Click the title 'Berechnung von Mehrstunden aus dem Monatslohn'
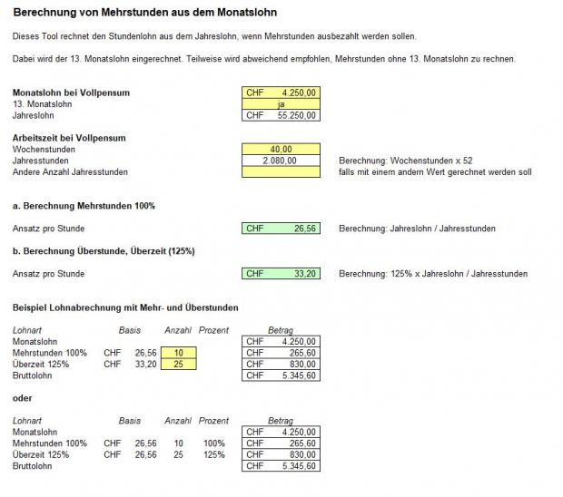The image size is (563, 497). tap(145, 14)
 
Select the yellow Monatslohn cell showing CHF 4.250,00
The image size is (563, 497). tap(281, 93)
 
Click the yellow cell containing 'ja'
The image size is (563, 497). tap(281, 104)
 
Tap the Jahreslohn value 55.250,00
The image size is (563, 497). tap(281, 115)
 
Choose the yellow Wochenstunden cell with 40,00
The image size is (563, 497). tap(281, 150)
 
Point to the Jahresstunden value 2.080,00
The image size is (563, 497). tap(281, 161)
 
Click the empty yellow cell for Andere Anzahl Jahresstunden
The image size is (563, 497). tap(281, 172)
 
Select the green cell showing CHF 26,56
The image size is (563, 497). tap(281, 229)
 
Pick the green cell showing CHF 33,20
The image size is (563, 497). tap(281, 273)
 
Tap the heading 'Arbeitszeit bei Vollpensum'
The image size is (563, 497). tap(69, 138)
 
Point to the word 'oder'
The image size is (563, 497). tap(23, 397)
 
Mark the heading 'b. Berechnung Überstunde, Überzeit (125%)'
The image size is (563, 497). tap(104, 250)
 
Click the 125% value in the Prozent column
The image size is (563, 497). tap(213, 454)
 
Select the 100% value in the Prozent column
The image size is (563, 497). tap(213, 443)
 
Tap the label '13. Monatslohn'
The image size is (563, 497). tap(44, 104)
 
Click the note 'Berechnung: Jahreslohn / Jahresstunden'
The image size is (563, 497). tap(417, 229)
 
